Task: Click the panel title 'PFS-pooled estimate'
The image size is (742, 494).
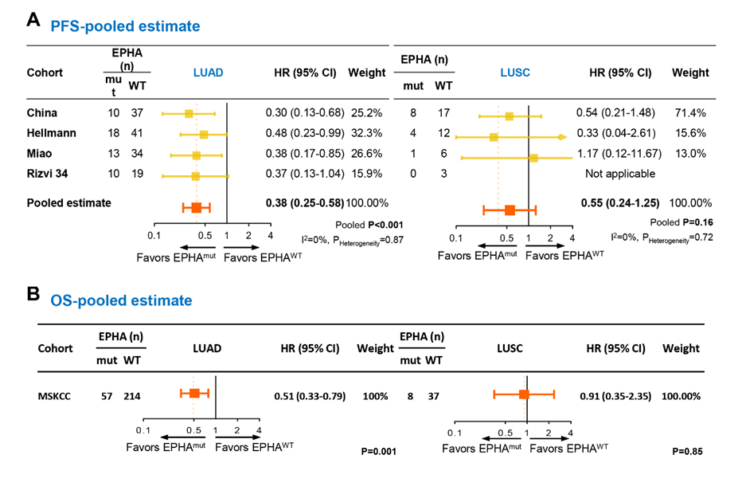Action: click(125, 26)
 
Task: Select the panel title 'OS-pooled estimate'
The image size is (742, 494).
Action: click(121, 300)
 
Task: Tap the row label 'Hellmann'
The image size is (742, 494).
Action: click(49, 133)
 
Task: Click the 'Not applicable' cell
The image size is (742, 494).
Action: click(620, 173)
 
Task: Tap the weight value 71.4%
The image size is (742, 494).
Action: click(690, 113)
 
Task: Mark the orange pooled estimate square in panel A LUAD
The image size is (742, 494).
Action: click(197, 208)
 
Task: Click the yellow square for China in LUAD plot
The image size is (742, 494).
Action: click(189, 114)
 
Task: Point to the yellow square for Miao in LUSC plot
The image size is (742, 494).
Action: click(533, 158)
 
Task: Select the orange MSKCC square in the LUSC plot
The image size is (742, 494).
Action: click(523, 394)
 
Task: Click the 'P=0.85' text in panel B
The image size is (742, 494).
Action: click(687, 451)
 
